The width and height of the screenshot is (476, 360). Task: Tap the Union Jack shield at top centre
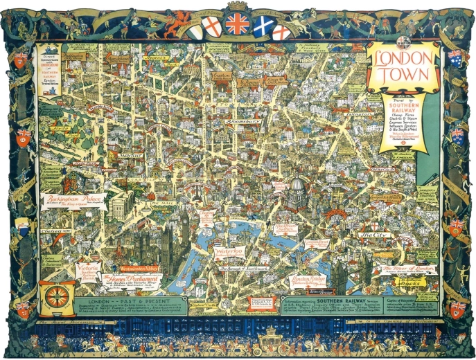237,25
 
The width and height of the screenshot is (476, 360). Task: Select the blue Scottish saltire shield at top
262,27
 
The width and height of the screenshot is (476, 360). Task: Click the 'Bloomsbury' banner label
243,120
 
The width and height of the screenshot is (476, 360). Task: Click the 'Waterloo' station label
229,251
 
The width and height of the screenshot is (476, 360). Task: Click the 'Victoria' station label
89,268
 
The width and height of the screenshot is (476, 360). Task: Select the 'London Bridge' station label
309,280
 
